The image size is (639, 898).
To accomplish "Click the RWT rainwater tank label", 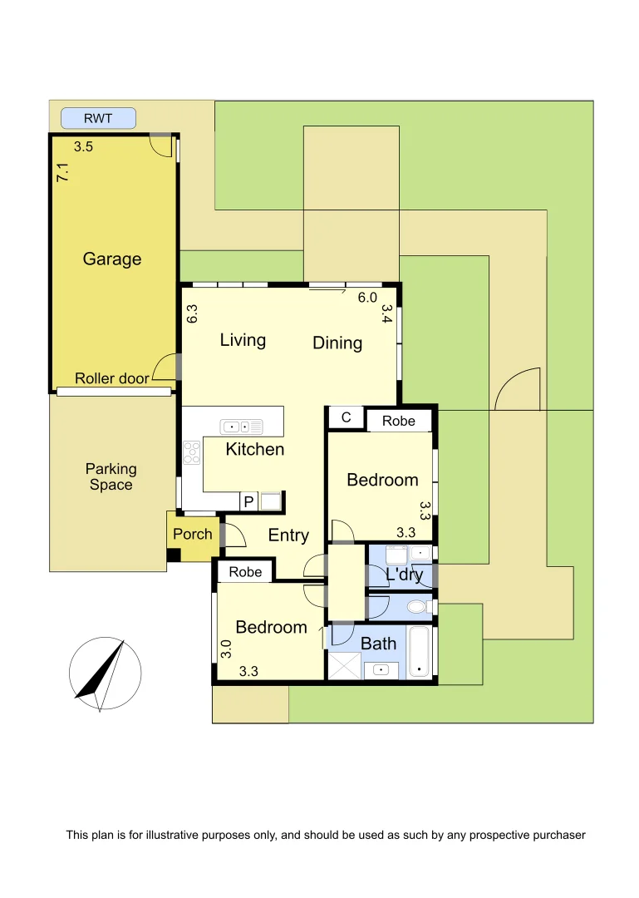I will point(98,119).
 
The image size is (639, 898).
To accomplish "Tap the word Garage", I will point(112,259).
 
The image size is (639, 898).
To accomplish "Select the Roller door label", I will point(112,378).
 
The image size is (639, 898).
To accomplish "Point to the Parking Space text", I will point(111,477).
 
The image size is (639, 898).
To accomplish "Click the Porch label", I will point(193,535).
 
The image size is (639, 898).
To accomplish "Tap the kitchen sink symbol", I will point(242,427).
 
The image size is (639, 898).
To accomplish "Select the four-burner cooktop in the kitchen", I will point(191,452).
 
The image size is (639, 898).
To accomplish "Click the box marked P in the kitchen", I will point(248,501).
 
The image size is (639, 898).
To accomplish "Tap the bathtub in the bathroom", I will point(421,653).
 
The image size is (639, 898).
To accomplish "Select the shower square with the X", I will point(344,665).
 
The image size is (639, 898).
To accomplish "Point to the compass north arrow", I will point(104,673).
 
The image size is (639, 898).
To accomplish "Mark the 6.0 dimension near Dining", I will point(367,297).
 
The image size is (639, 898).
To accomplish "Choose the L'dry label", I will point(404,574).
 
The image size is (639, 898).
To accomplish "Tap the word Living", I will point(243,339).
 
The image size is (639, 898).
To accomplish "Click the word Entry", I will point(288,535).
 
